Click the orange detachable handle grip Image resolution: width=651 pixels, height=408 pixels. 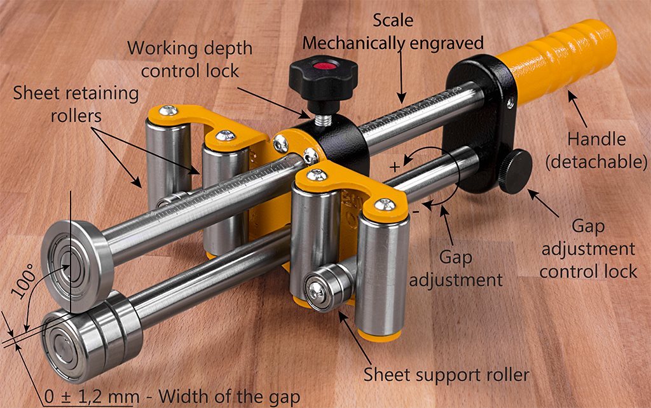[x=556, y=62]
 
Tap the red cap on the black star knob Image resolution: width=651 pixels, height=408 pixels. [x=324, y=65]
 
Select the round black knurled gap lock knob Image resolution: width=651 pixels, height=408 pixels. [x=516, y=172]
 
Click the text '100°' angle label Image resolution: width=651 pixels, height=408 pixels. [x=24, y=283]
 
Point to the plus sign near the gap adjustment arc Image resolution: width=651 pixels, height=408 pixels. [x=395, y=167]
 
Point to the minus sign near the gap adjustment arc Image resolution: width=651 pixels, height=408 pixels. [x=416, y=211]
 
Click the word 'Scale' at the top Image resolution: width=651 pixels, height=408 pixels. [x=393, y=20]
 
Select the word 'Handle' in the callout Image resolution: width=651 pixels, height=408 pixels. [x=596, y=139]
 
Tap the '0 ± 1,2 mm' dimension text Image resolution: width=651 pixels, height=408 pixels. [x=92, y=397]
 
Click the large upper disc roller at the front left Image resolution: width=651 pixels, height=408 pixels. [x=77, y=266]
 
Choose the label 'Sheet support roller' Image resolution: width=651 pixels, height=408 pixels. [x=446, y=375]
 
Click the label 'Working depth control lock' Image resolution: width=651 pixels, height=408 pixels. [x=189, y=59]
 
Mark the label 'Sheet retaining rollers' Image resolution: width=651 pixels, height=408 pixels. [x=76, y=104]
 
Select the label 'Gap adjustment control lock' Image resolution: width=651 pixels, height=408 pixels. [x=588, y=249]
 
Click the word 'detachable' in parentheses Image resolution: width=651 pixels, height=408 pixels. [x=596, y=162]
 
